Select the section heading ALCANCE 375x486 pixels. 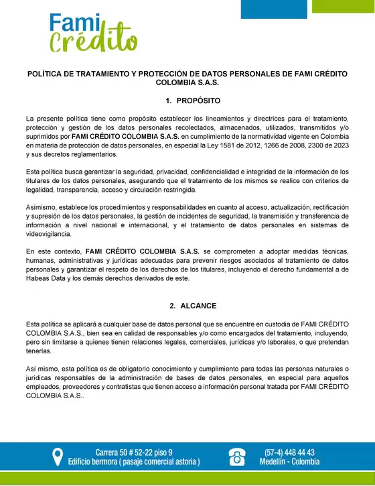tap(198, 306)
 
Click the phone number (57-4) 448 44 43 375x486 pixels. tap(290, 452)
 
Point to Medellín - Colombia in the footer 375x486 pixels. tap(290, 462)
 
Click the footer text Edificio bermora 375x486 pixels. tap(95, 462)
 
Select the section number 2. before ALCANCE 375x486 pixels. tap(173, 306)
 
